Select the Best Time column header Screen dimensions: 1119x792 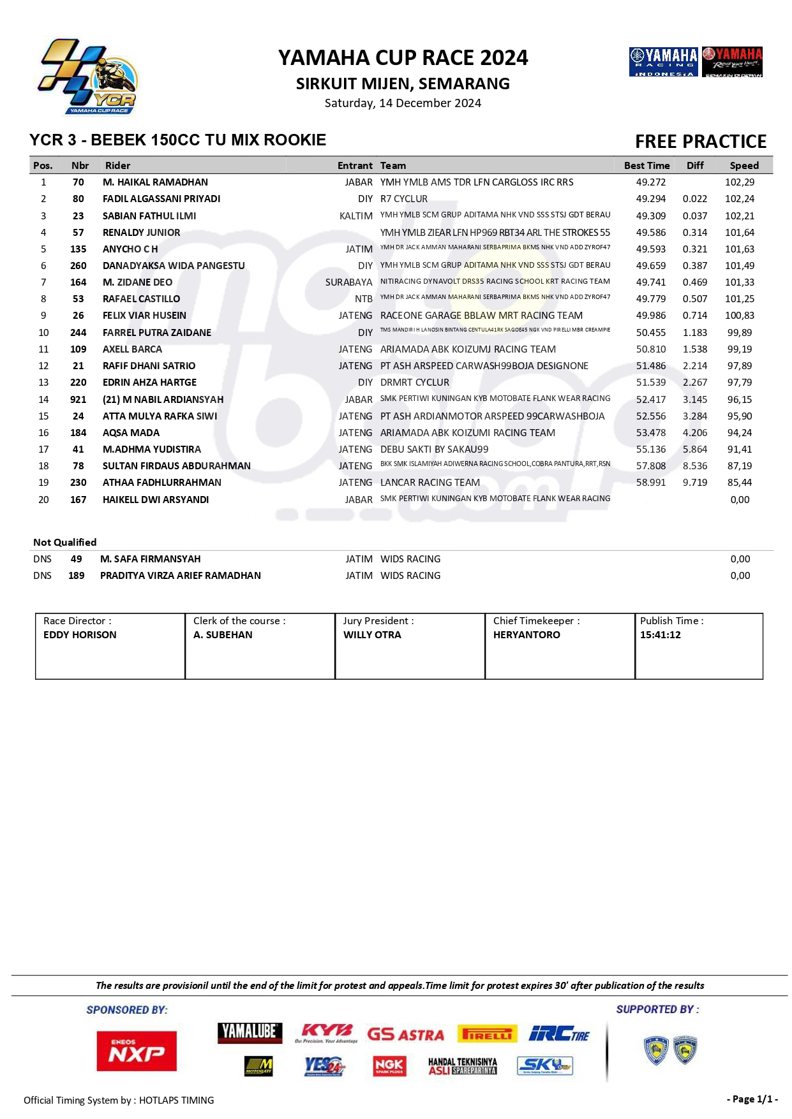coord(646,166)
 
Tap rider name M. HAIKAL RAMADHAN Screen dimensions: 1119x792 coord(155,182)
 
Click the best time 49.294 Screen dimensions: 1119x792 coord(650,199)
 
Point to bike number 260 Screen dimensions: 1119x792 coord(78,266)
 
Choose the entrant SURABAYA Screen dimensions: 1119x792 coord(348,282)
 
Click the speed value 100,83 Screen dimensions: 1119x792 coord(739,316)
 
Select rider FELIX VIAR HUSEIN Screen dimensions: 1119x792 coord(144,316)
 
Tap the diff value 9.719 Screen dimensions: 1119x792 coord(694,483)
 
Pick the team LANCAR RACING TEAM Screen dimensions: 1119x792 coord(430,483)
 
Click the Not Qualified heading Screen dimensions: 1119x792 coord(64,543)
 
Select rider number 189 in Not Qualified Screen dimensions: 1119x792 coord(76,576)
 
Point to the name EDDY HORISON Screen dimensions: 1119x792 coord(80,635)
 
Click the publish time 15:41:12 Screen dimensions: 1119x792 coord(660,635)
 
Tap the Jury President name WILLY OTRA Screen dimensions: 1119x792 coord(372,635)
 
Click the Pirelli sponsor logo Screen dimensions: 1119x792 coord(486,1034)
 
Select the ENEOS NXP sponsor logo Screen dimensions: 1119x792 coord(137,1051)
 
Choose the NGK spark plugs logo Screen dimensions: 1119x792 coord(389,1066)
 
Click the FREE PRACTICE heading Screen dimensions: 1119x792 coord(700,142)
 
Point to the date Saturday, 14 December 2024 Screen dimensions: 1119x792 coord(403,103)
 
